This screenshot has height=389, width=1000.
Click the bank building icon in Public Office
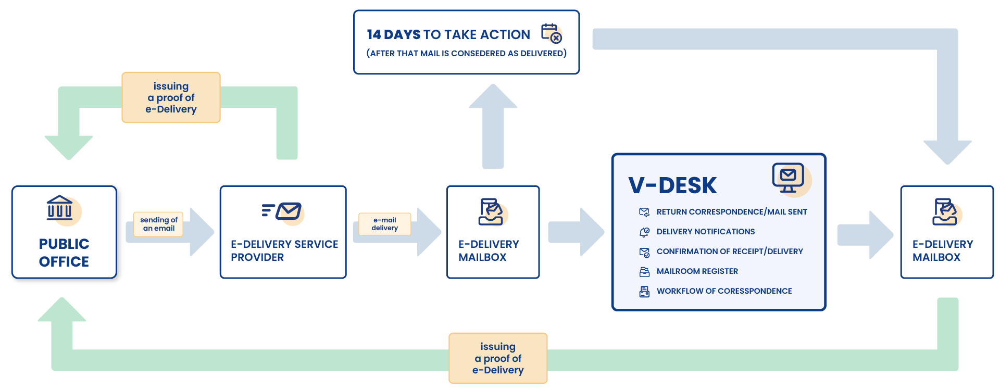[x=60, y=208]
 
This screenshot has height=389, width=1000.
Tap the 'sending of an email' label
[x=158, y=224]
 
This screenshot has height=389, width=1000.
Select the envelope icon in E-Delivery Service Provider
[x=288, y=211]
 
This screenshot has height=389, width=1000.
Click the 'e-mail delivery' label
[x=384, y=224]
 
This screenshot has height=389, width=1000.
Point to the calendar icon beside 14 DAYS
[x=551, y=33]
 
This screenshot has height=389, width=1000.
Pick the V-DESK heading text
[x=672, y=185]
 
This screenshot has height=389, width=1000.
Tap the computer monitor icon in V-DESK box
[x=788, y=178]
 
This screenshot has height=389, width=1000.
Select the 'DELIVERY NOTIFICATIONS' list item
[x=705, y=232]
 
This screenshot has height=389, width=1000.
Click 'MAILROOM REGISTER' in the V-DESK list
[x=697, y=271]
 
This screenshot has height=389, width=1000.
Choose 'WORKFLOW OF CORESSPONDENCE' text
[x=724, y=291]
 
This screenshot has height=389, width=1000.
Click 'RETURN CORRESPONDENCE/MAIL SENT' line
[x=731, y=212]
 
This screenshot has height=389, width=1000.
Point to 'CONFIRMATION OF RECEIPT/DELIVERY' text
[x=729, y=252]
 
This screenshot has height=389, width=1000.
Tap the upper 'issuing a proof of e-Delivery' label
[x=171, y=98]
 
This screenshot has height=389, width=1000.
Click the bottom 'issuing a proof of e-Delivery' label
[x=498, y=358]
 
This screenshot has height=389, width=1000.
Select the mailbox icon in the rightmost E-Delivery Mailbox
[x=945, y=211]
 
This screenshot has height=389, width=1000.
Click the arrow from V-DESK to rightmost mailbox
[x=865, y=235]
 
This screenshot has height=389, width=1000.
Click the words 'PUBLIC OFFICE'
[x=64, y=253]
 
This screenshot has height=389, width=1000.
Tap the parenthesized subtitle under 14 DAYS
[x=466, y=54]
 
